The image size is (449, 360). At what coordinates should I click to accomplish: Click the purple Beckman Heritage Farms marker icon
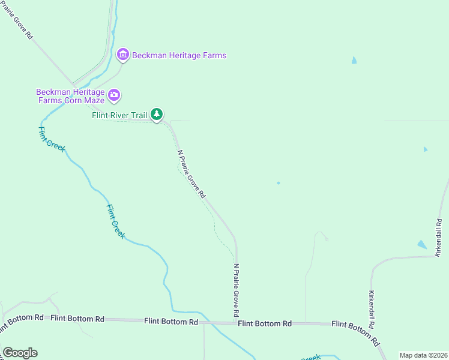point(122,55)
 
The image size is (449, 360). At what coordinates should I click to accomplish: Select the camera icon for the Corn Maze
point(114,95)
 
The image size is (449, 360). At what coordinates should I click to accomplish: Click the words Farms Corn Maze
point(71,100)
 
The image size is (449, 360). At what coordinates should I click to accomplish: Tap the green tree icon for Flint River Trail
point(157,113)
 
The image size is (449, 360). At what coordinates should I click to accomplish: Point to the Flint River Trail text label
point(119,115)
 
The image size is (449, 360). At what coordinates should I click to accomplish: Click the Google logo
point(20,353)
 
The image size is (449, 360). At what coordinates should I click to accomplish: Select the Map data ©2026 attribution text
point(423,355)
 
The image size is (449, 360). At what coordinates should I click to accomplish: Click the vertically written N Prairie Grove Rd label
point(237,290)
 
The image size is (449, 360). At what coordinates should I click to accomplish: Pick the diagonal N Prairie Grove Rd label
point(192,174)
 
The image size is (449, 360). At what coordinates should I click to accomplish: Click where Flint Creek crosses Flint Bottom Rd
point(204,322)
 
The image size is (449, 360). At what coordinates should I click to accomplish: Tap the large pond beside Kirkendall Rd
point(422,245)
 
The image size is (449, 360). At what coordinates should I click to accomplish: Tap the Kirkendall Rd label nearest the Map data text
point(372,310)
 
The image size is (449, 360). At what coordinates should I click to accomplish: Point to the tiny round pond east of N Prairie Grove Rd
point(278,183)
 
